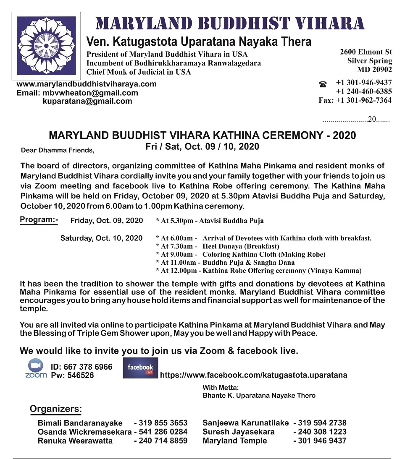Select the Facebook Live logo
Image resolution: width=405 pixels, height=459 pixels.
tap(140, 368)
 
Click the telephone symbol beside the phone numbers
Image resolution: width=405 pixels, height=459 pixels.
tap(323, 84)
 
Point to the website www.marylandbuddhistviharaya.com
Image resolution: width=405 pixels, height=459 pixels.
tap(87, 84)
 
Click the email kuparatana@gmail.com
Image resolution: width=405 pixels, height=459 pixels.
tap(87, 101)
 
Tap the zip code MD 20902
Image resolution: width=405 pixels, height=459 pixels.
tap(374, 70)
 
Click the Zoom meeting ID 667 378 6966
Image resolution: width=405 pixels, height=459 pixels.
tap(82, 367)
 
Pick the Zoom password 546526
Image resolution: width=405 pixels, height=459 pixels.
tap(72, 376)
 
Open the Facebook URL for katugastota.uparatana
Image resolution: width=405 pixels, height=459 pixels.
tap(254, 375)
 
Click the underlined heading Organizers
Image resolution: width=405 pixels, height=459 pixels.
tap(55, 409)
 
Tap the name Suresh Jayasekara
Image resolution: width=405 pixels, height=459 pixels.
tap(239, 432)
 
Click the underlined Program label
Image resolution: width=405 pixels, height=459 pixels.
tap(39, 220)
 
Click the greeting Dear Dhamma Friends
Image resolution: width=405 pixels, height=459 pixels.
tap(58, 150)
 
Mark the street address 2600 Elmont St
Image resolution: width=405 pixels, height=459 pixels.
tap(366, 52)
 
